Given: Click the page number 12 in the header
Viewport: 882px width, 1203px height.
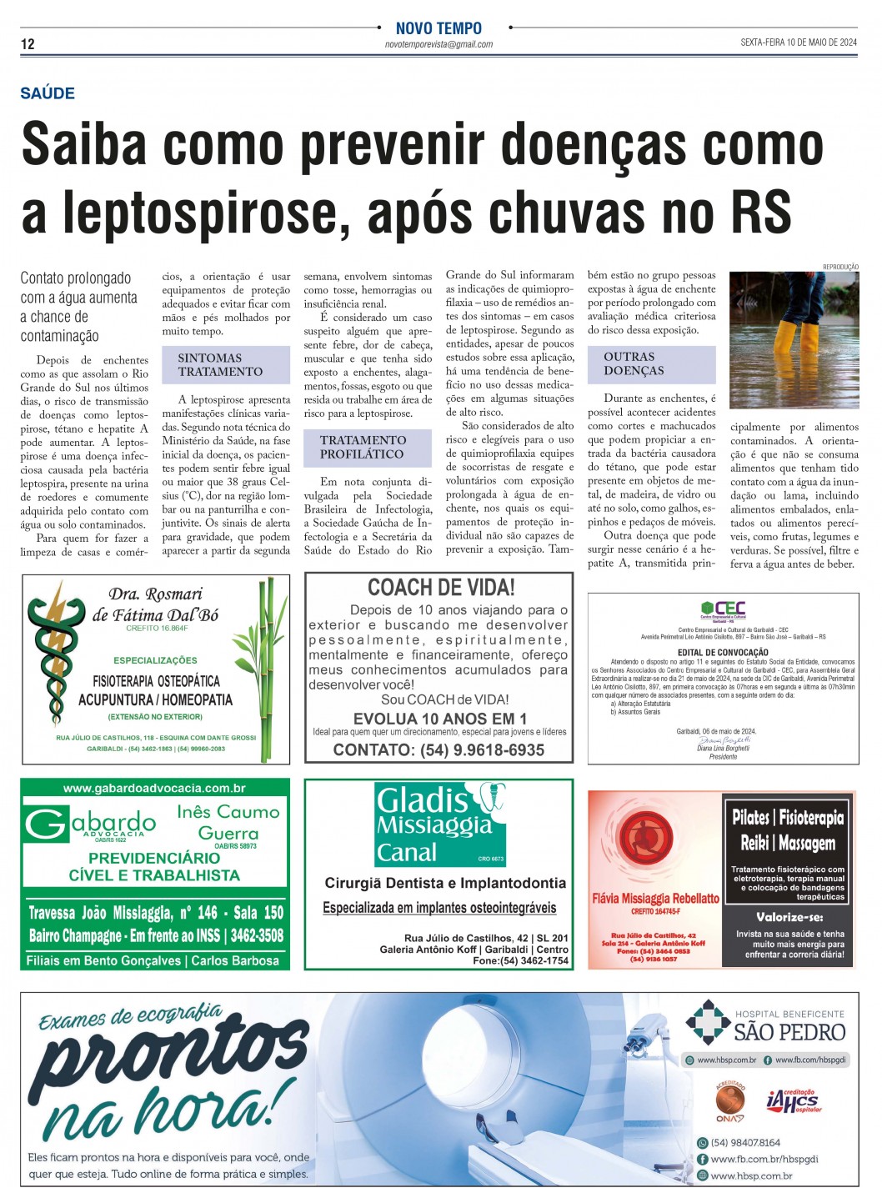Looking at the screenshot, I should tap(28, 44).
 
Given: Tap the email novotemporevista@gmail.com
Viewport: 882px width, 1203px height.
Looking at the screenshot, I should tap(438, 44).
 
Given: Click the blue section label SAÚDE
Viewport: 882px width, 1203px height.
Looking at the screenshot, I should tap(48, 93).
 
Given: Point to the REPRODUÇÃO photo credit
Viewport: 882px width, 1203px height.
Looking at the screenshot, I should tap(840, 267).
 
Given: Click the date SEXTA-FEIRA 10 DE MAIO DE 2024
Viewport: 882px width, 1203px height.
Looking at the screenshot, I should tap(798, 43).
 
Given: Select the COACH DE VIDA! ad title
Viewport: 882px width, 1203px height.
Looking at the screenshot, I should tap(441, 588).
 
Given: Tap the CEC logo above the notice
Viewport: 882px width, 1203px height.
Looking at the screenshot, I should tap(723, 609).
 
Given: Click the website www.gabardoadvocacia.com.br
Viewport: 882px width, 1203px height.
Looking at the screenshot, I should tap(154, 788).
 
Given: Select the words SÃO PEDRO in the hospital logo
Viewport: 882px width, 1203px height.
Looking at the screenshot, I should tap(789, 1032).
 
